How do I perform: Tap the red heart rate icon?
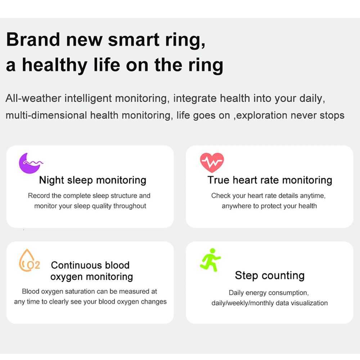point(212,162)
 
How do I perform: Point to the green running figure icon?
point(210,259)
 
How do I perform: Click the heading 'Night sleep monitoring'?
point(93,180)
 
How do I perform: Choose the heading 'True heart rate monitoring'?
point(270,180)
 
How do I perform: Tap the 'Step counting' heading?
point(270,275)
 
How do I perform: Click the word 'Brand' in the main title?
point(33,39)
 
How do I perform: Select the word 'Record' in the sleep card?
point(39,196)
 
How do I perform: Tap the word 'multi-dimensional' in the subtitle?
point(46,116)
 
